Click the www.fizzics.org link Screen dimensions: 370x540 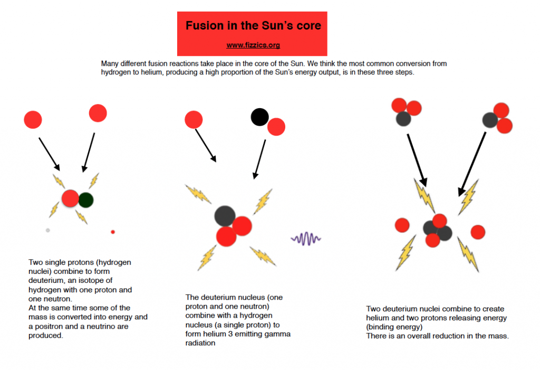253,45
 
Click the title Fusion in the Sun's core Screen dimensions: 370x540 253,25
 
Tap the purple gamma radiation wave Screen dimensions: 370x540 306,239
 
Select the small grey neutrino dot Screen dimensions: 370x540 48,230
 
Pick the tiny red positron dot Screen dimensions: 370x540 113,232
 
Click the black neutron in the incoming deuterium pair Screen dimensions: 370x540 259,117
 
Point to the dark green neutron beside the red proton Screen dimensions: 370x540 85,200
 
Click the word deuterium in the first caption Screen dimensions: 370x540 46,280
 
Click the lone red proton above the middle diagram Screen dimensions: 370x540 194,120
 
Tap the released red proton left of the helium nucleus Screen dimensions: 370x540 402,225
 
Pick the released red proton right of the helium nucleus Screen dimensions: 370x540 478,232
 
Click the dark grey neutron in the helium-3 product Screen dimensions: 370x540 225,215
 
